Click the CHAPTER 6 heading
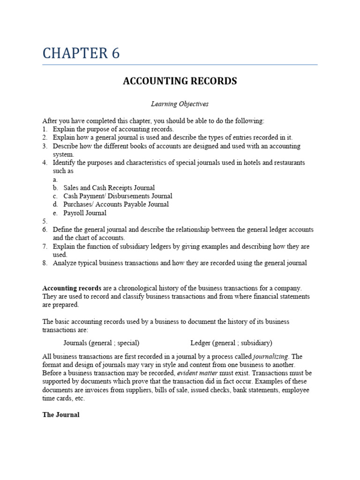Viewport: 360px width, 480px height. click(x=81, y=53)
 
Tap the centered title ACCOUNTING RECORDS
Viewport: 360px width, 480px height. click(x=180, y=81)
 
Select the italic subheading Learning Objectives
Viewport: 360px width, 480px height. click(x=180, y=104)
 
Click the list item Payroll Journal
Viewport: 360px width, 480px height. click(x=85, y=213)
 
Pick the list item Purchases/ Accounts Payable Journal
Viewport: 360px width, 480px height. click(x=116, y=204)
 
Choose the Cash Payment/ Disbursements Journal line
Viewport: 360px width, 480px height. click(x=118, y=196)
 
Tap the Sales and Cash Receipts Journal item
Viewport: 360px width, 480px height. click(x=109, y=187)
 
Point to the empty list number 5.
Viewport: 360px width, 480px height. click(x=45, y=221)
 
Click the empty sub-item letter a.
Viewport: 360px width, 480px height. click(x=55, y=180)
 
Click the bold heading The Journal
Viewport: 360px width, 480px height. click(x=61, y=415)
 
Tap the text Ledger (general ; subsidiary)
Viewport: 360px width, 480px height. click(x=231, y=343)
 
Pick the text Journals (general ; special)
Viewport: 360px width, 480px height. click(x=101, y=343)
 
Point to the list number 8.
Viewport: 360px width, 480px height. click(x=45, y=263)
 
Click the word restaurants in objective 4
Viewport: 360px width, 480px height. click(x=289, y=163)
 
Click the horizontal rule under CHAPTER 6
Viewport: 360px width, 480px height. click(x=180, y=65)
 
